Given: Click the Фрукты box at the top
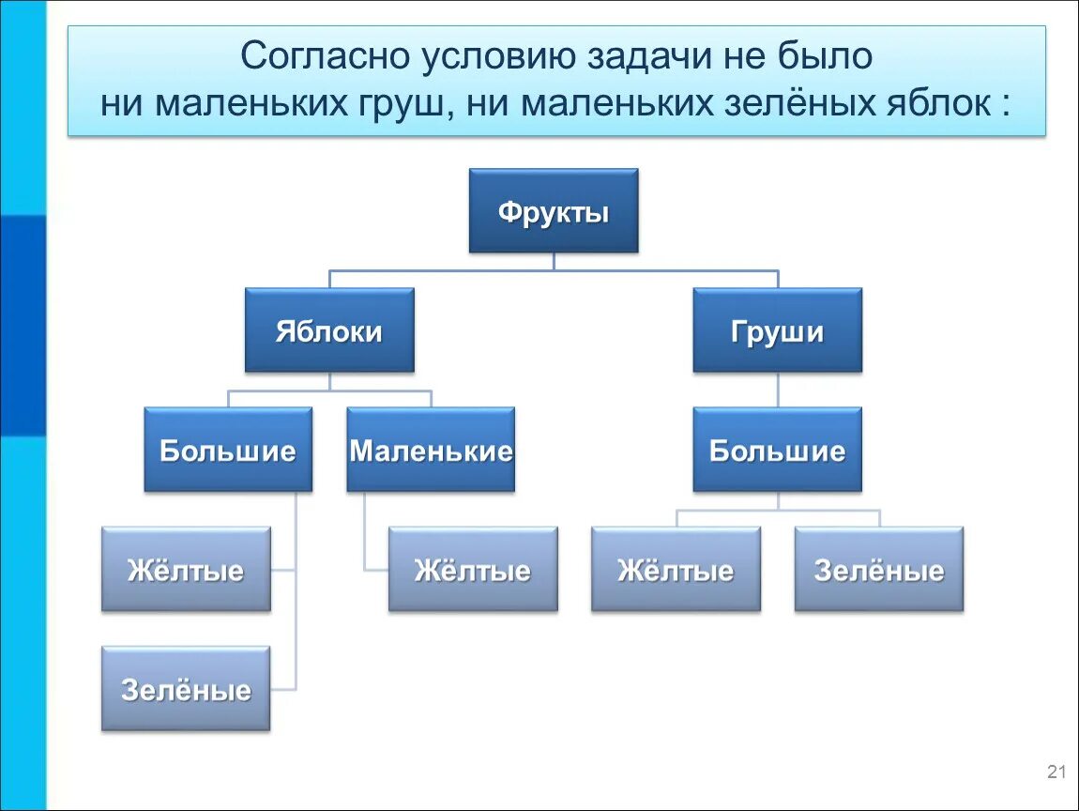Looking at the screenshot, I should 553,211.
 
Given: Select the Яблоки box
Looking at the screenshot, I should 329,330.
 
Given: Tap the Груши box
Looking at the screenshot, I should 777,330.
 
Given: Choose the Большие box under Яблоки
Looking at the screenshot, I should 228,450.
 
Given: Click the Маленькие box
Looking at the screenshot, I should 431,450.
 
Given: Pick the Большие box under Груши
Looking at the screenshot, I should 777,450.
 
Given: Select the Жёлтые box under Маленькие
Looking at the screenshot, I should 473,570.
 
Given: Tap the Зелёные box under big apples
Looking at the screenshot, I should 186,689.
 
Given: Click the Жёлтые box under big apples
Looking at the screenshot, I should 186,570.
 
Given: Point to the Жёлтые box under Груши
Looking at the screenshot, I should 676,570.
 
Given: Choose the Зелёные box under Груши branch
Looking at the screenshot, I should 878,570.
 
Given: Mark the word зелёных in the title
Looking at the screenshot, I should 787,103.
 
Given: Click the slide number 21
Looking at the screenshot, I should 1056,773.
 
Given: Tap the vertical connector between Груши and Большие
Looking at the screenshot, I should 777,390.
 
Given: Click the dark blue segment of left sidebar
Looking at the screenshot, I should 23,325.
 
